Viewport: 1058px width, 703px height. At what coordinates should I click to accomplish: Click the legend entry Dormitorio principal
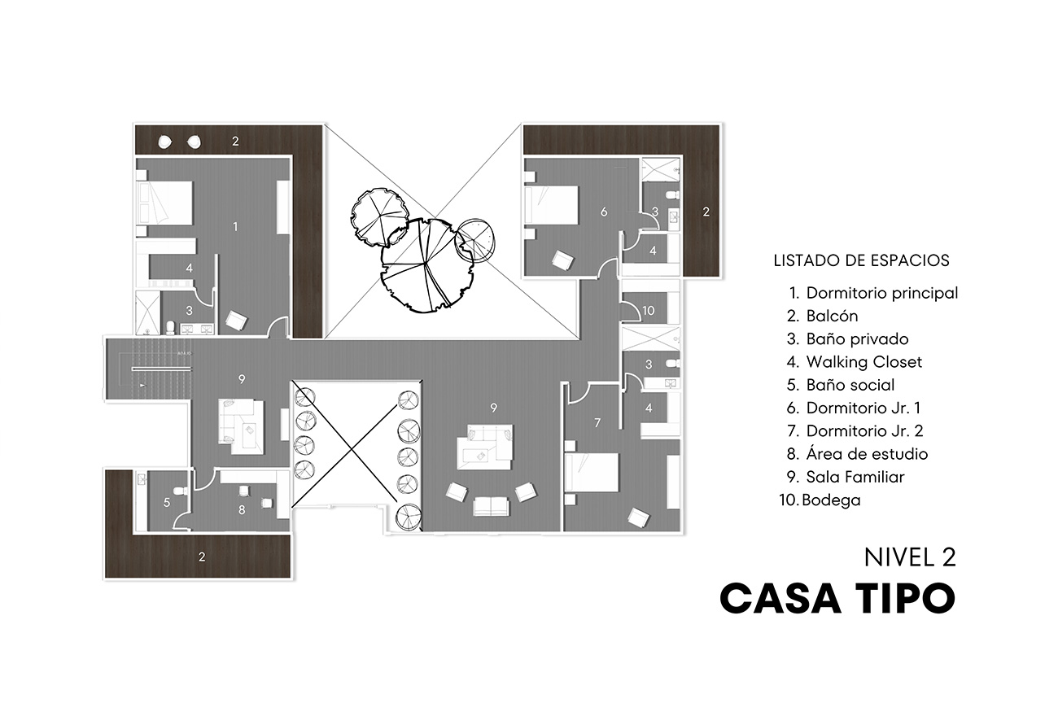(x=881, y=293)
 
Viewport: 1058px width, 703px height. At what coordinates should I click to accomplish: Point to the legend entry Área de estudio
(x=867, y=454)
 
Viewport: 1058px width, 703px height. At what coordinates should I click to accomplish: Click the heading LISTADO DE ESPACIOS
(x=861, y=261)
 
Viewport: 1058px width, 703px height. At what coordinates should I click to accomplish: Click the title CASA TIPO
(x=837, y=599)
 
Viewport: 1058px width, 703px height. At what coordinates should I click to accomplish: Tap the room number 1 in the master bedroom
(x=235, y=226)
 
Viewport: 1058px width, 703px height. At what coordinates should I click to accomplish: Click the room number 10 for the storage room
(x=649, y=311)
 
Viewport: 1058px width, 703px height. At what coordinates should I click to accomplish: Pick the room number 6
(x=604, y=212)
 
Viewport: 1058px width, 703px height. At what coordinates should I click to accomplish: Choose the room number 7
(x=597, y=422)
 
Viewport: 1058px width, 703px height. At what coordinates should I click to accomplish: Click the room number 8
(x=242, y=510)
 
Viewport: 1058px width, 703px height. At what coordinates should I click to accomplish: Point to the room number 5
(x=167, y=503)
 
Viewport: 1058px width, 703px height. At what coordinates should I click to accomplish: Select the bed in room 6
(x=553, y=206)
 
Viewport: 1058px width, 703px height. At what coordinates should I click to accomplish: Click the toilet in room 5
(x=180, y=491)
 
